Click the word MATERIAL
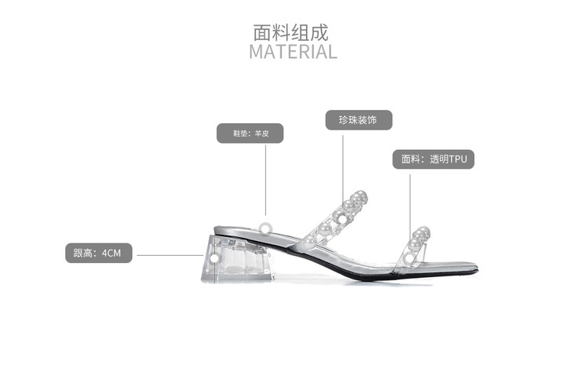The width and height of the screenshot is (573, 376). pos(293,52)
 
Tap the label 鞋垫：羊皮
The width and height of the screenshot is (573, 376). pos(250,133)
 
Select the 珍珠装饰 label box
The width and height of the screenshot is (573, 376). pos(359,120)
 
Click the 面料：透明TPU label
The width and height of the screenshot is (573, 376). pos(433,159)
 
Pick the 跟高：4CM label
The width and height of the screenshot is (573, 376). pos(98,253)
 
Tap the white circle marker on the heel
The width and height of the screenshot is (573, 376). pos(214,257)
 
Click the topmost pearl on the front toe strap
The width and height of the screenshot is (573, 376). pos(423,232)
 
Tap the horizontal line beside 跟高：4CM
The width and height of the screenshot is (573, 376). pos(169,254)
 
